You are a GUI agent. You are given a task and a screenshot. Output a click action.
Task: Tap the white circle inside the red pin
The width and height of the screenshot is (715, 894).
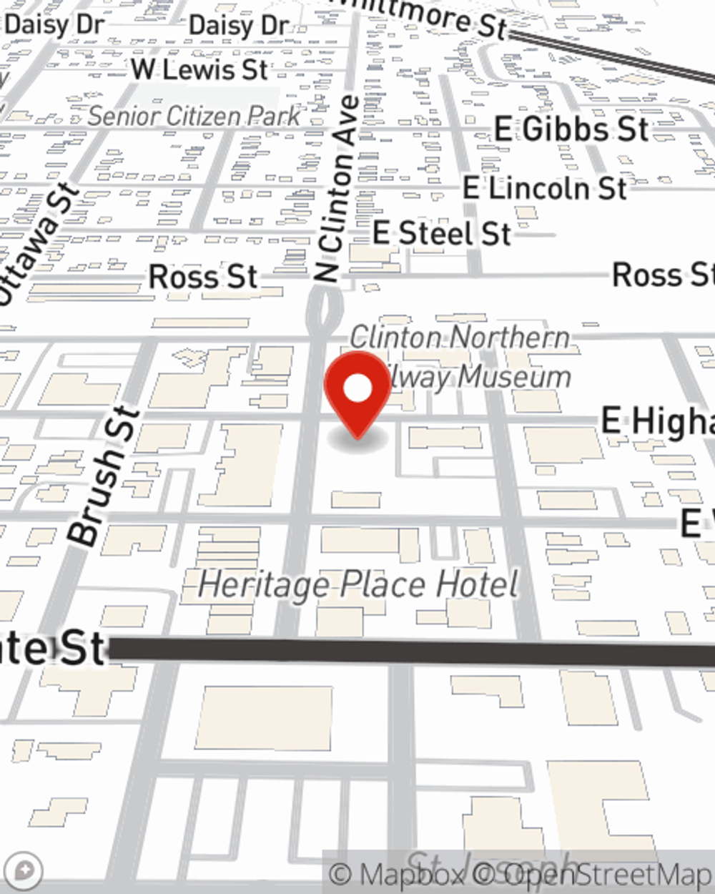(x=358, y=389)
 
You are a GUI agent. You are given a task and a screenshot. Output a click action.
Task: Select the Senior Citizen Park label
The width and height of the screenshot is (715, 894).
(x=194, y=116)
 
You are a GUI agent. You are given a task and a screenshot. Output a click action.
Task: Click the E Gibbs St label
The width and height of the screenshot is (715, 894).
(x=571, y=129)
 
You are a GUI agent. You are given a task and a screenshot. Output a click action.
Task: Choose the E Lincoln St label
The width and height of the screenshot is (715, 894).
(x=544, y=188)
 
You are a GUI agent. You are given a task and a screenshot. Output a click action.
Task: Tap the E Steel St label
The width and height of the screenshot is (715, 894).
(x=442, y=233)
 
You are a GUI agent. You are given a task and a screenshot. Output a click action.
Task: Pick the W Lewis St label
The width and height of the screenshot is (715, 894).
(x=199, y=70)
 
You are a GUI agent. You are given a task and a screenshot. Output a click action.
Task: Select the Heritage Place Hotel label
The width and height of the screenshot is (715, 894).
(x=357, y=584)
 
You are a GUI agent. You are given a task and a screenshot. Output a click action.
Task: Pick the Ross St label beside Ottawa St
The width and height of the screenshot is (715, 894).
(x=202, y=277)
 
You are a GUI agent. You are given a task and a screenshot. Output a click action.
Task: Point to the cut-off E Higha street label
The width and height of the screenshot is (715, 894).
(x=656, y=421)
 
